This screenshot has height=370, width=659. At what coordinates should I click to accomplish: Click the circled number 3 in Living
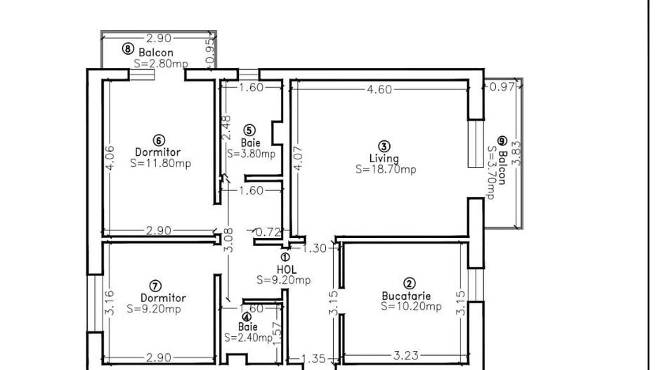(x=384, y=146)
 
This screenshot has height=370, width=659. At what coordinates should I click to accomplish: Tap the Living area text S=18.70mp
(x=386, y=169)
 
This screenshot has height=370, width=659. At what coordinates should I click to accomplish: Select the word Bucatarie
(x=406, y=296)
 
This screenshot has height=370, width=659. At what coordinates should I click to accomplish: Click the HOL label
(x=286, y=269)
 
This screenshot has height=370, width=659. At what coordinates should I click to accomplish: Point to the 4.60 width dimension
(x=379, y=89)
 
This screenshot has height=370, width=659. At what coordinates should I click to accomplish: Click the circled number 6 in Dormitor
(x=159, y=140)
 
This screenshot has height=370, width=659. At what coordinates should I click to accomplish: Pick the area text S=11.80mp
(x=161, y=163)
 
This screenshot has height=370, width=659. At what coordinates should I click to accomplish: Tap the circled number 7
(x=155, y=286)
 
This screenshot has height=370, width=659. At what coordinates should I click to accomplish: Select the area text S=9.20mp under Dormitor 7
(x=154, y=309)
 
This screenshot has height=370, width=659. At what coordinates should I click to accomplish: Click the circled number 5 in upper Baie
(x=249, y=131)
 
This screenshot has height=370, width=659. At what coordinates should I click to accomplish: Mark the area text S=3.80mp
(x=252, y=154)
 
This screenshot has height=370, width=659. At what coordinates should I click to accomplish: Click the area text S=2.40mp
(x=248, y=337)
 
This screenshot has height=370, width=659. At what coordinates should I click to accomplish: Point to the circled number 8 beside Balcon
(x=128, y=48)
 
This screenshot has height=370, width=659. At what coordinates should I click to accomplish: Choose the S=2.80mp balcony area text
(x=161, y=64)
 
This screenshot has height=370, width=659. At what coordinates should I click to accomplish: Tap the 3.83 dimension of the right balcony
(x=516, y=153)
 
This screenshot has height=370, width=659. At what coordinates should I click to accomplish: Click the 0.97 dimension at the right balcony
(x=502, y=87)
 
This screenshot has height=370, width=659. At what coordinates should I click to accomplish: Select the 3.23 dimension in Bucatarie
(x=405, y=356)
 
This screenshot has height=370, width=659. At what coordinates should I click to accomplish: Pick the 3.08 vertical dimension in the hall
(x=228, y=240)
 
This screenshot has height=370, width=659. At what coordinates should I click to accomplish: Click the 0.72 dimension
(x=268, y=232)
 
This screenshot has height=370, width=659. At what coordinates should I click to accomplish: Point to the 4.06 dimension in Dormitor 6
(x=109, y=157)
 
